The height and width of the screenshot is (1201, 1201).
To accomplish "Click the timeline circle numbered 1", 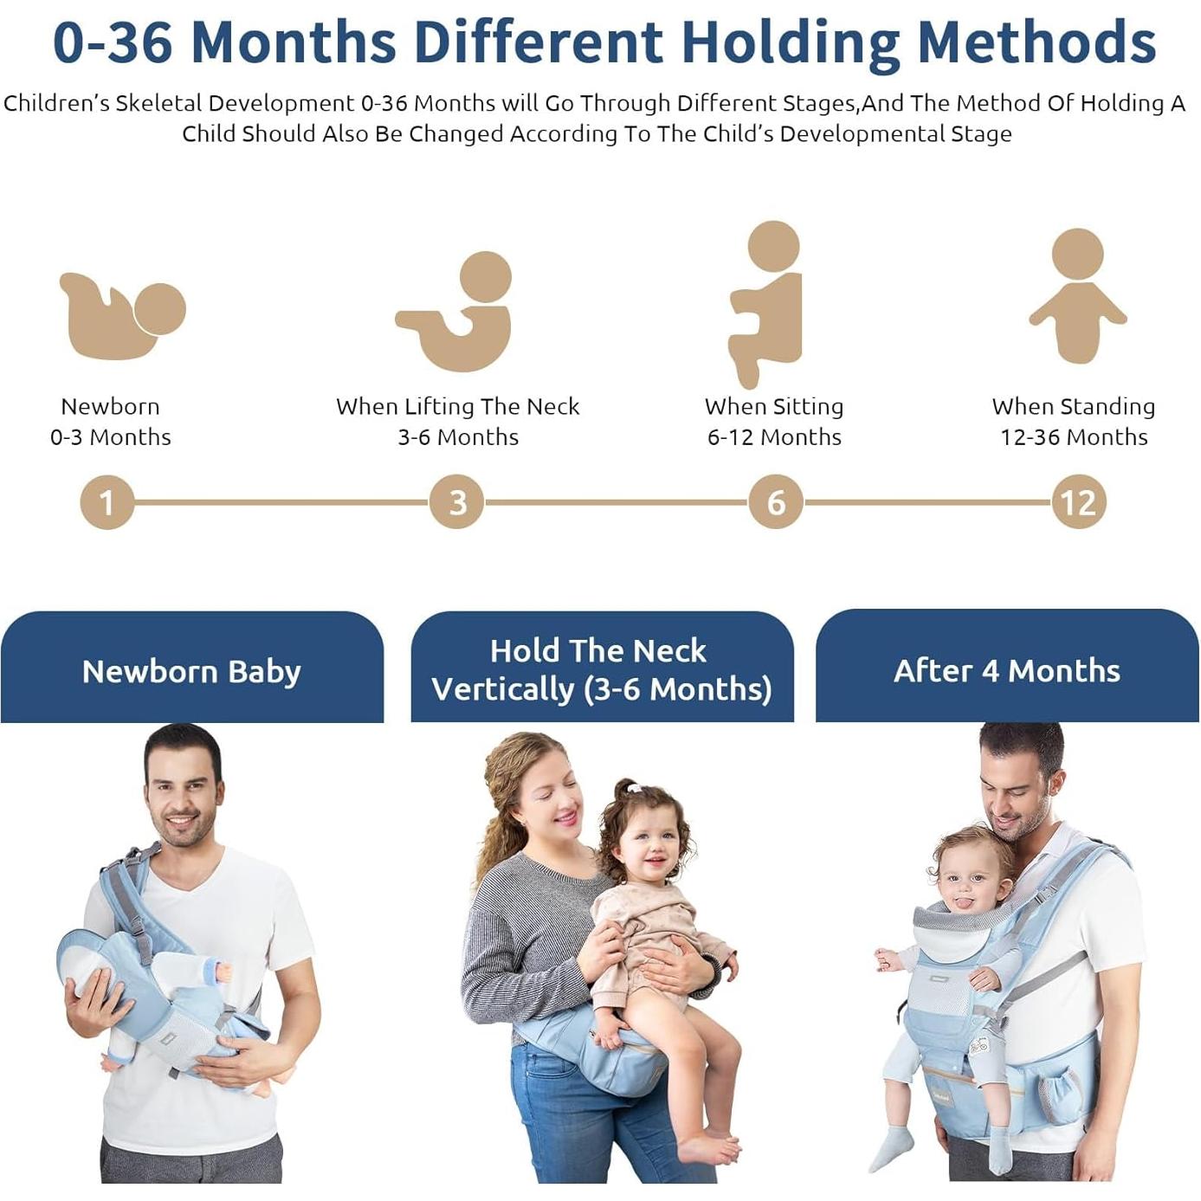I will [x=107, y=502].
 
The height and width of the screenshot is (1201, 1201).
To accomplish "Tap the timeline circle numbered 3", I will [x=457, y=502].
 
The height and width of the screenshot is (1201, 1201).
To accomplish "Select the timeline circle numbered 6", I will [x=776, y=502].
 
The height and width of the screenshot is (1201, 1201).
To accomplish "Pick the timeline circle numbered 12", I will [x=1078, y=502].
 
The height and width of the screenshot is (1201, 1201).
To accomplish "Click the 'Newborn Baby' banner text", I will [x=191, y=671].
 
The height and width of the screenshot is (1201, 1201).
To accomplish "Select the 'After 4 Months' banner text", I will [x=1006, y=670].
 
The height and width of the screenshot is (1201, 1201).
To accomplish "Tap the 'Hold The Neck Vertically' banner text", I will [x=601, y=669].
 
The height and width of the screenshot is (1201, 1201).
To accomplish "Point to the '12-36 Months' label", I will [x=1074, y=437].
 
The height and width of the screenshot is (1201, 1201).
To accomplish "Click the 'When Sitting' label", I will [x=773, y=406].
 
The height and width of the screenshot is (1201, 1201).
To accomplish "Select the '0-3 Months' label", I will [x=111, y=437].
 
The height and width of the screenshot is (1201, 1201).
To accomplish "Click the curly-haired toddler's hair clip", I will [x=635, y=788].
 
